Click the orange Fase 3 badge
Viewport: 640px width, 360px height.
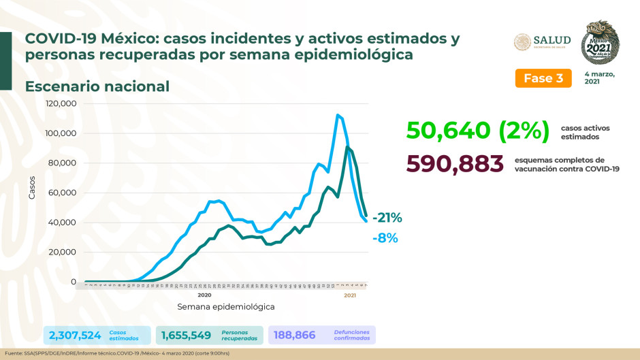[x=543, y=78]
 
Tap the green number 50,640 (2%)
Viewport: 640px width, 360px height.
[x=476, y=129]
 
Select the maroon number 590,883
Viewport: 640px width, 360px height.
[x=455, y=164]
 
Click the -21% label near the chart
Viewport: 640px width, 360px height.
[x=387, y=218]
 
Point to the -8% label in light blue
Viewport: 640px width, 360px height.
[x=385, y=238]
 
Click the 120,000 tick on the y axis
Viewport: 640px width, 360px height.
[x=61, y=103]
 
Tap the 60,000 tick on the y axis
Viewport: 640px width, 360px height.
[x=63, y=193]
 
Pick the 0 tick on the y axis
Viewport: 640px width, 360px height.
[x=73, y=282]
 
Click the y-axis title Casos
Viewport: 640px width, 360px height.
[x=32, y=187]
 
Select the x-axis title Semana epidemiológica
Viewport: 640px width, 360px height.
[x=226, y=307]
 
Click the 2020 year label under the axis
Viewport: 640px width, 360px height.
[x=204, y=295]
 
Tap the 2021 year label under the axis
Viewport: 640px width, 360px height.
[x=350, y=295]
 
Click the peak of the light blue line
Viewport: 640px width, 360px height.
[x=337, y=115]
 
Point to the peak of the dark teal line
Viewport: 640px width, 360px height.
[x=347, y=147]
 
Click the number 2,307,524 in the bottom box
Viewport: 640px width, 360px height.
[x=75, y=335]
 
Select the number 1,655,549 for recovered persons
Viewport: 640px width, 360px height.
[x=187, y=335]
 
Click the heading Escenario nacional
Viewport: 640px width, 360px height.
[x=97, y=86]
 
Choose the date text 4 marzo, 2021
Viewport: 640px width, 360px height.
[x=599, y=78]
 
